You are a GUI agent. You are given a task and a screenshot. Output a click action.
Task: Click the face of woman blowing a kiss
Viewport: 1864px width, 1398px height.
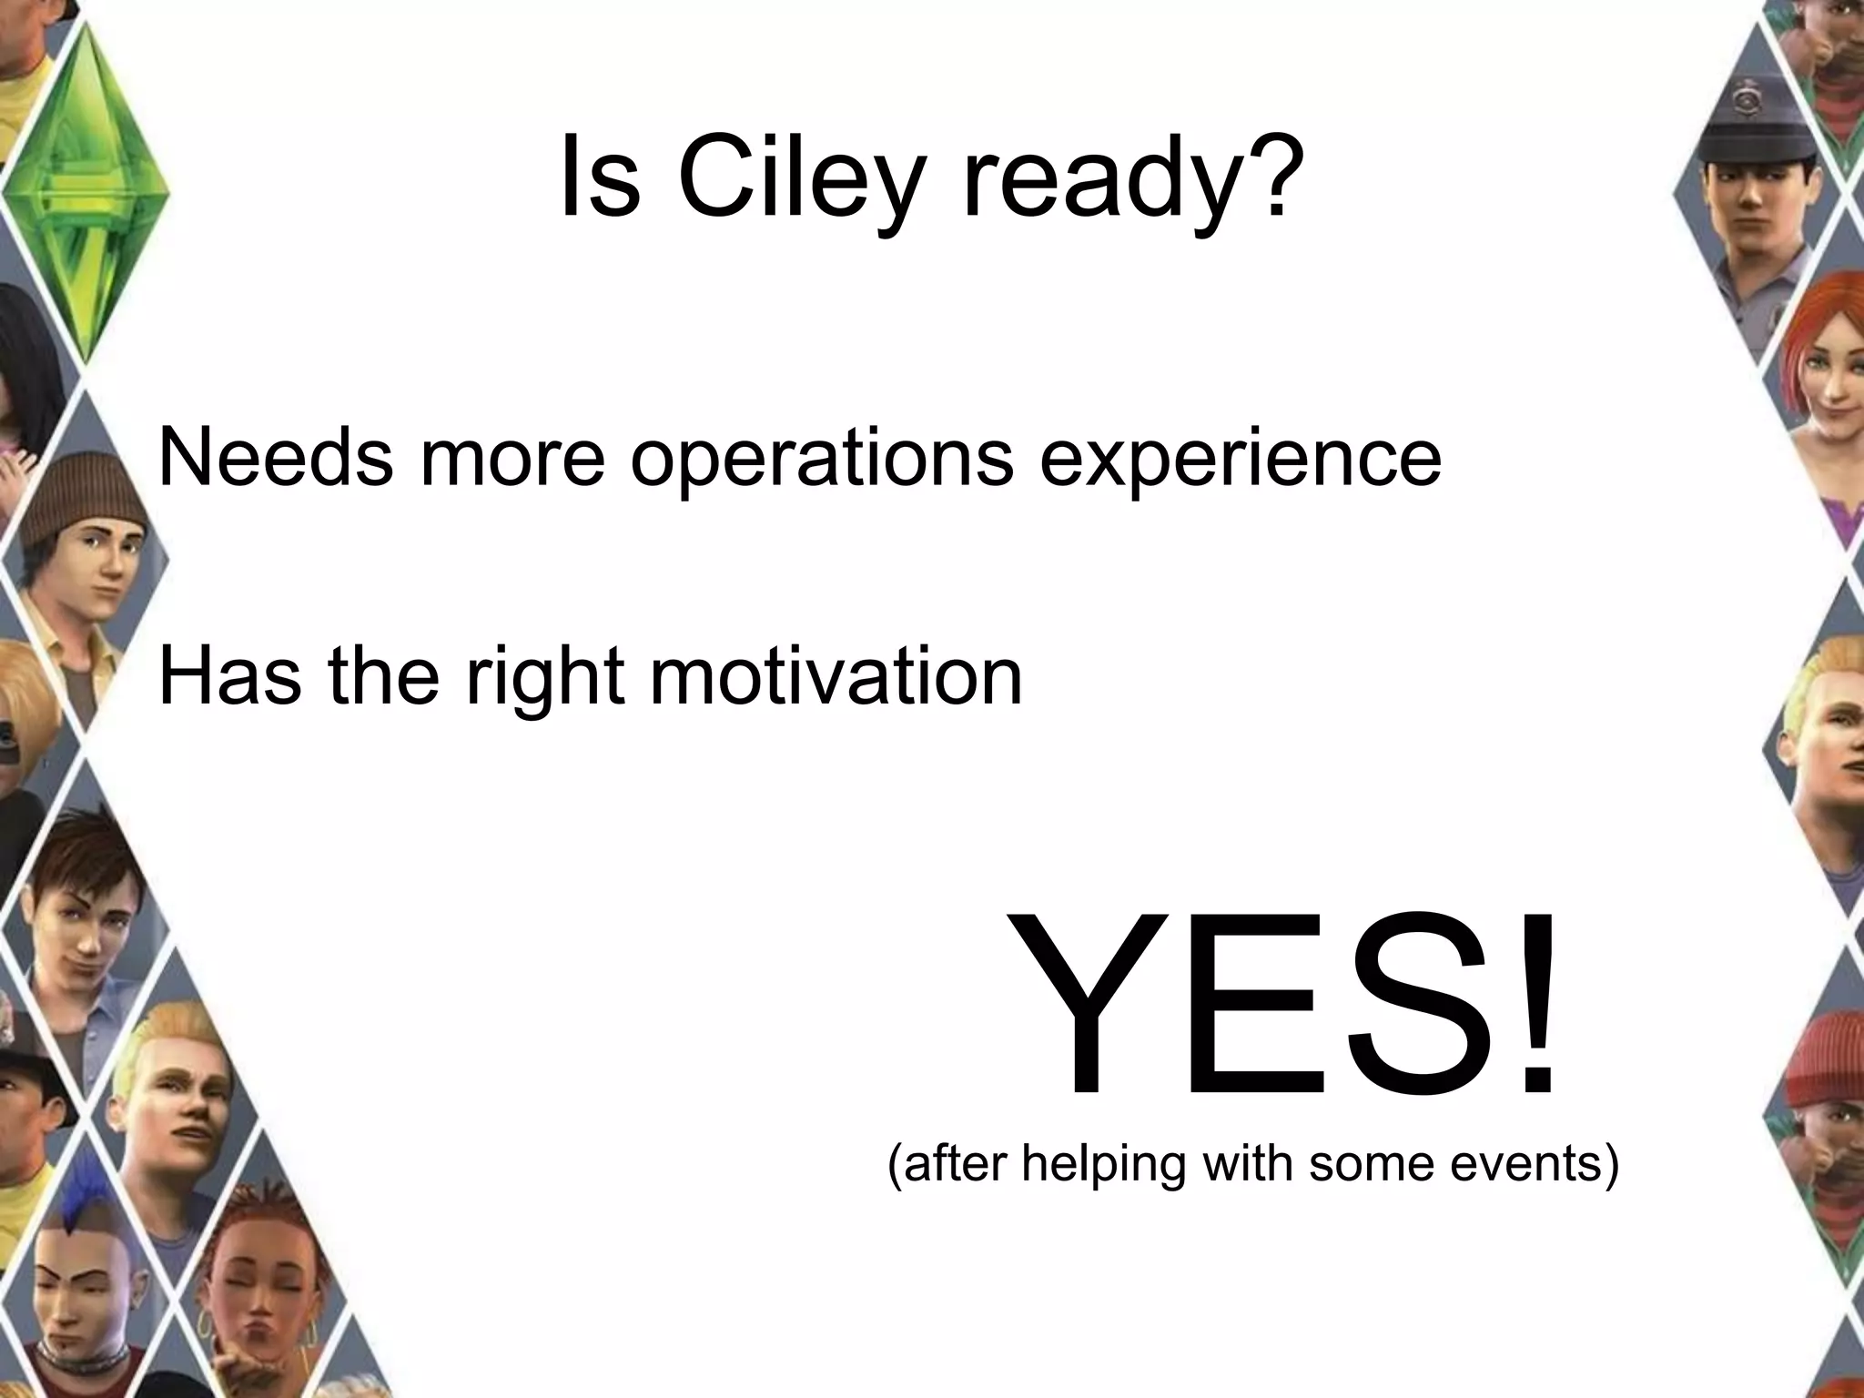click(264, 1292)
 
